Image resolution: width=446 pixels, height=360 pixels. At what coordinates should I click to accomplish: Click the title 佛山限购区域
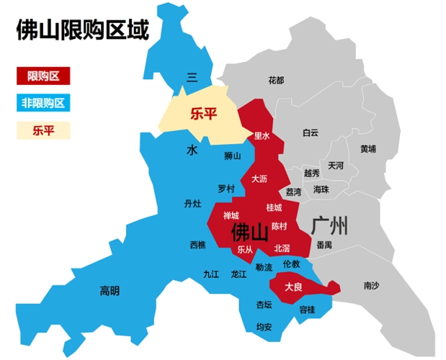[x=82, y=31]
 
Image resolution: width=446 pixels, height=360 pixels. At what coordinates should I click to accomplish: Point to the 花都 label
[x=275, y=79]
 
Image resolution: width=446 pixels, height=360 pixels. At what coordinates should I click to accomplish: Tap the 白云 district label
[x=311, y=132]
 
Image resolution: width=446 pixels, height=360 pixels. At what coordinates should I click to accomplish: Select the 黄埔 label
[x=368, y=149]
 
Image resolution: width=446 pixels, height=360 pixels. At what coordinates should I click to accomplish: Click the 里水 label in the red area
[x=262, y=135]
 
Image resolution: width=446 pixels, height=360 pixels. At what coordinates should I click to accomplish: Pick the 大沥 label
[x=259, y=177]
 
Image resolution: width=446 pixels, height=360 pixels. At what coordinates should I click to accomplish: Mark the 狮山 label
[x=232, y=155]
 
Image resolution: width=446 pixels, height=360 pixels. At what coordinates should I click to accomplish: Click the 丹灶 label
[x=192, y=204]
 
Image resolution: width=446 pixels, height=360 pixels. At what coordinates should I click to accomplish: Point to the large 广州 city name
[x=330, y=225]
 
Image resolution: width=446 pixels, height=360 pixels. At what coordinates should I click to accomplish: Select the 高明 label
[x=110, y=291]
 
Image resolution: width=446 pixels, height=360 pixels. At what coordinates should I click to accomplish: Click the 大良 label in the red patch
[x=293, y=287]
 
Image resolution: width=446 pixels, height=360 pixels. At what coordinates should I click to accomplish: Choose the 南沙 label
[x=371, y=286]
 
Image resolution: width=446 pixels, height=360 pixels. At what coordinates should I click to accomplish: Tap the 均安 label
[x=264, y=327]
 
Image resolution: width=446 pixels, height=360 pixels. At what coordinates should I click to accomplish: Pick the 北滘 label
[x=282, y=248]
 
